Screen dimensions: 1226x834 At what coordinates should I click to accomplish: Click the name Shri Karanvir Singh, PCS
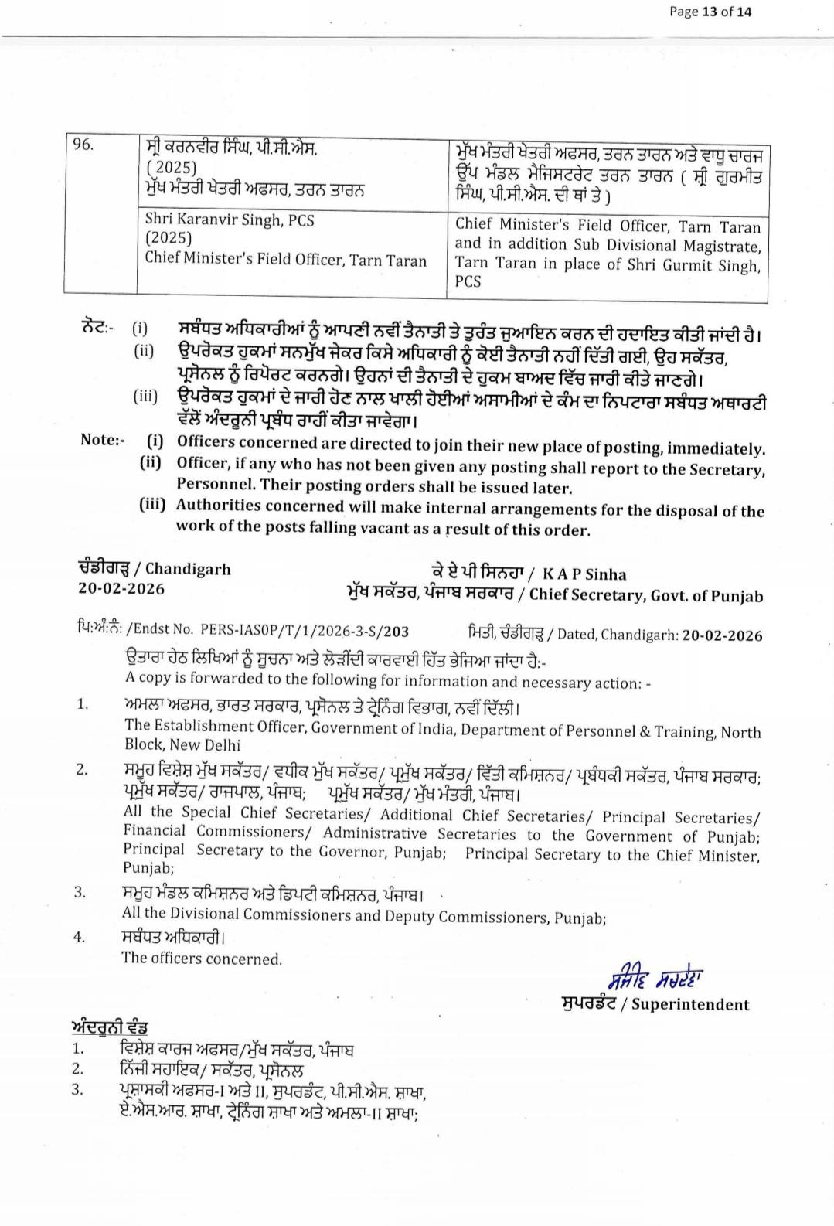[230, 220]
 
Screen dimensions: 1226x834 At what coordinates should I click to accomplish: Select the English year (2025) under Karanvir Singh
[168, 239]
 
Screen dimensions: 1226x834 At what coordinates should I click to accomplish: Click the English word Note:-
[102, 440]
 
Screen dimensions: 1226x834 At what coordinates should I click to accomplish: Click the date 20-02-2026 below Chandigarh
[121, 588]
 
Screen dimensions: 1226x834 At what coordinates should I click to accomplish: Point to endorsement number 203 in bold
[396, 631]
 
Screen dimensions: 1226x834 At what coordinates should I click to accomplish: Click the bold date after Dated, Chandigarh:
[722, 635]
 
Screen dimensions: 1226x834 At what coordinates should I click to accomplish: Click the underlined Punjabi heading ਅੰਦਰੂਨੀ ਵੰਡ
[109, 1027]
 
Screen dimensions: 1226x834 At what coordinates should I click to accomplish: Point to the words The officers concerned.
[202, 959]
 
